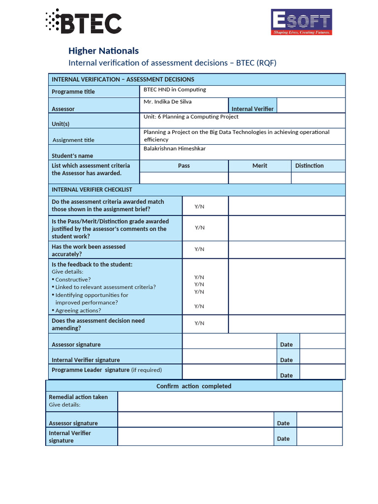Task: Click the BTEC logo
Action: [83, 22]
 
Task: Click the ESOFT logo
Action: [301, 22]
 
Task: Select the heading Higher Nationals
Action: [103, 51]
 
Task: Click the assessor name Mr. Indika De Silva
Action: [167, 102]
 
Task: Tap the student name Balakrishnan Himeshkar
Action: [174, 148]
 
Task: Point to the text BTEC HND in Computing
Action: [174, 90]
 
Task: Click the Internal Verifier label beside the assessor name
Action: [252, 109]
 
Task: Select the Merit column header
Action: [259, 166]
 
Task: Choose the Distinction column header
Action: [309, 166]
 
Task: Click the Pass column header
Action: [184, 166]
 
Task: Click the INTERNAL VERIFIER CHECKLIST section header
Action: [92, 189]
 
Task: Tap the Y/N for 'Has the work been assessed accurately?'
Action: [199, 249]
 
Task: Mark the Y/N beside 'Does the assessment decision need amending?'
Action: [199, 323]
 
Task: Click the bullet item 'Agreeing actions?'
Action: [78, 311]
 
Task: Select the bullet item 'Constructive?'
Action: [73, 280]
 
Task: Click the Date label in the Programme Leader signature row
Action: [286, 375]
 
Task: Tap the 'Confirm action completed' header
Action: [193, 386]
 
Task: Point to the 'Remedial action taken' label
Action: [78, 397]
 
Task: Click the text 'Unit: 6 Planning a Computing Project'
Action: [191, 117]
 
